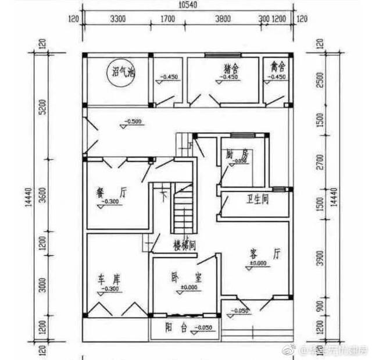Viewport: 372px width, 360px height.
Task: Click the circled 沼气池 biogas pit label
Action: coord(123,73)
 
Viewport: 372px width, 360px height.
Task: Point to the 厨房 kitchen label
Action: coord(236,155)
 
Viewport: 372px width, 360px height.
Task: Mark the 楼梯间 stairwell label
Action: coord(184,245)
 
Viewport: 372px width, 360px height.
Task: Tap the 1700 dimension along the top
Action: coord(167,19)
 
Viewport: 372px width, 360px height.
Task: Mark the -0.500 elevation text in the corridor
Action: coord(133,122)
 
